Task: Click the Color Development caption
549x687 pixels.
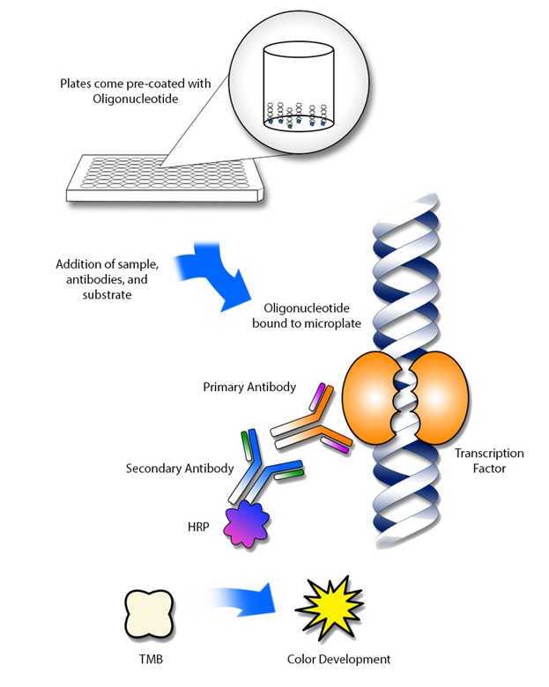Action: [x=338, y=657]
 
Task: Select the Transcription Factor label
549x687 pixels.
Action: [x=488, y=461]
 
